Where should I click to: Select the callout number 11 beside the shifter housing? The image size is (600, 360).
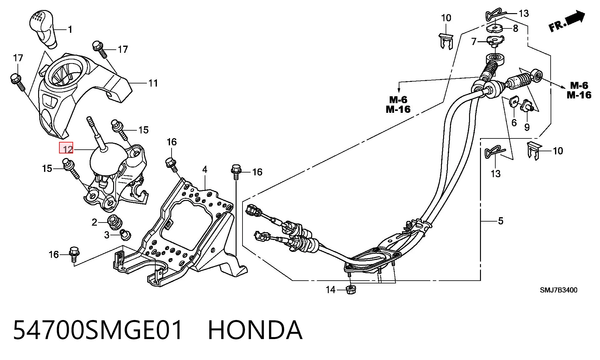153,83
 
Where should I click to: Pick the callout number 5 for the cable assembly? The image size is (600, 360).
501,221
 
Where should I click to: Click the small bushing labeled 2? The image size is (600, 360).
115,222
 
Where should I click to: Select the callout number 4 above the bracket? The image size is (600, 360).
205,170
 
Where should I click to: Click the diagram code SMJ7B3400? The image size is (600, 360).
559,290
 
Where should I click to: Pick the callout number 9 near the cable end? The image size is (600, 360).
527,127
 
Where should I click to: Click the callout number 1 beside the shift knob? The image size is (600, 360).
70,29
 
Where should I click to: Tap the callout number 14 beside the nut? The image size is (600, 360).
331,290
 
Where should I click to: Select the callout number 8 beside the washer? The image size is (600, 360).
515,28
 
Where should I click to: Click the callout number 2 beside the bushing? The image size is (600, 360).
95,222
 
